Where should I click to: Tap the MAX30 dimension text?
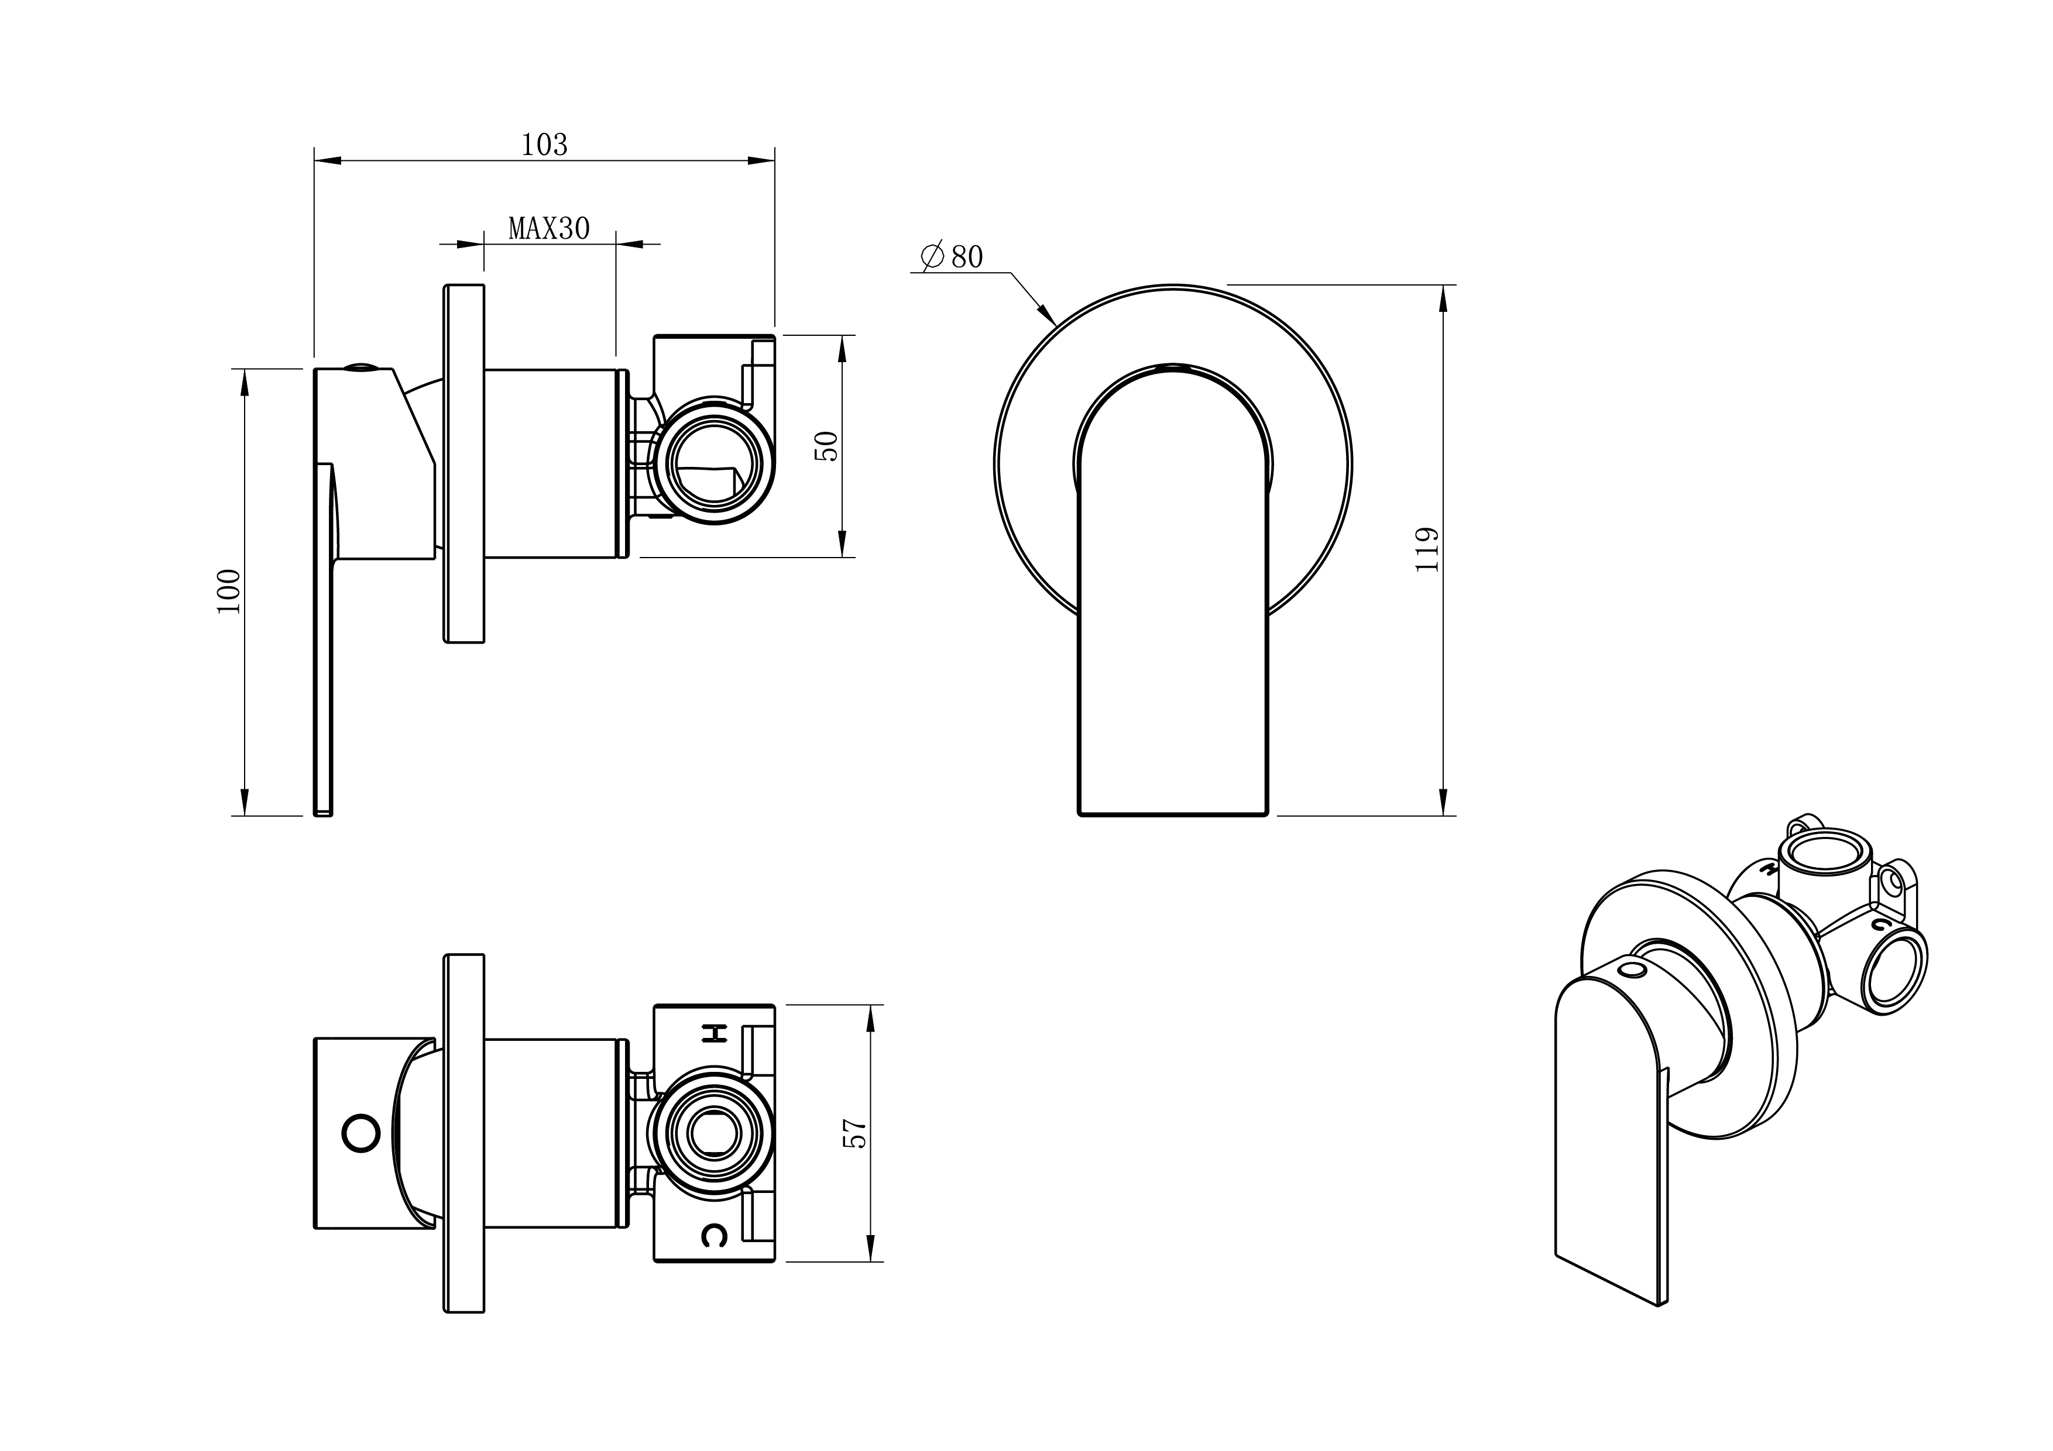pos(549,229)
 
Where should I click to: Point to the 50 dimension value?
pos(829,445)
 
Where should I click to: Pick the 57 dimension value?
pos(856,1134)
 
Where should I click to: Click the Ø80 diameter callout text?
pos(953,257)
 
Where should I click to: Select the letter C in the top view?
pos(713,1236)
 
